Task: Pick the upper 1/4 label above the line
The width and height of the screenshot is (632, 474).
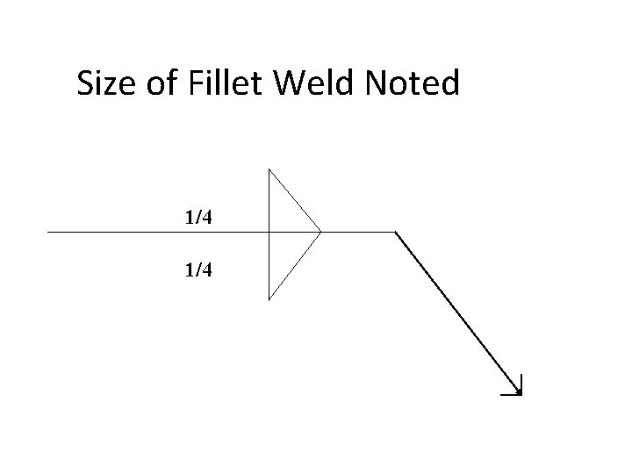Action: coord(197,216)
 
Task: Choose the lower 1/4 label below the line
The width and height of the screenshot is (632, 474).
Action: coord(197,270)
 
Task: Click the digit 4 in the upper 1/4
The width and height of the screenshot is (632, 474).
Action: coord(205,216)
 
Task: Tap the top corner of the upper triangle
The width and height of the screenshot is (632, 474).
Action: coord(269,168)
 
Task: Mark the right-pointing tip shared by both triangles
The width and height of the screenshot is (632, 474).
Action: coord(320,233)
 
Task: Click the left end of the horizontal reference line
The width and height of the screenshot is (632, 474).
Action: coord(48,233)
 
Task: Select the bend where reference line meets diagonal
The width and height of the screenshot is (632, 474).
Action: coord(396,233)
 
